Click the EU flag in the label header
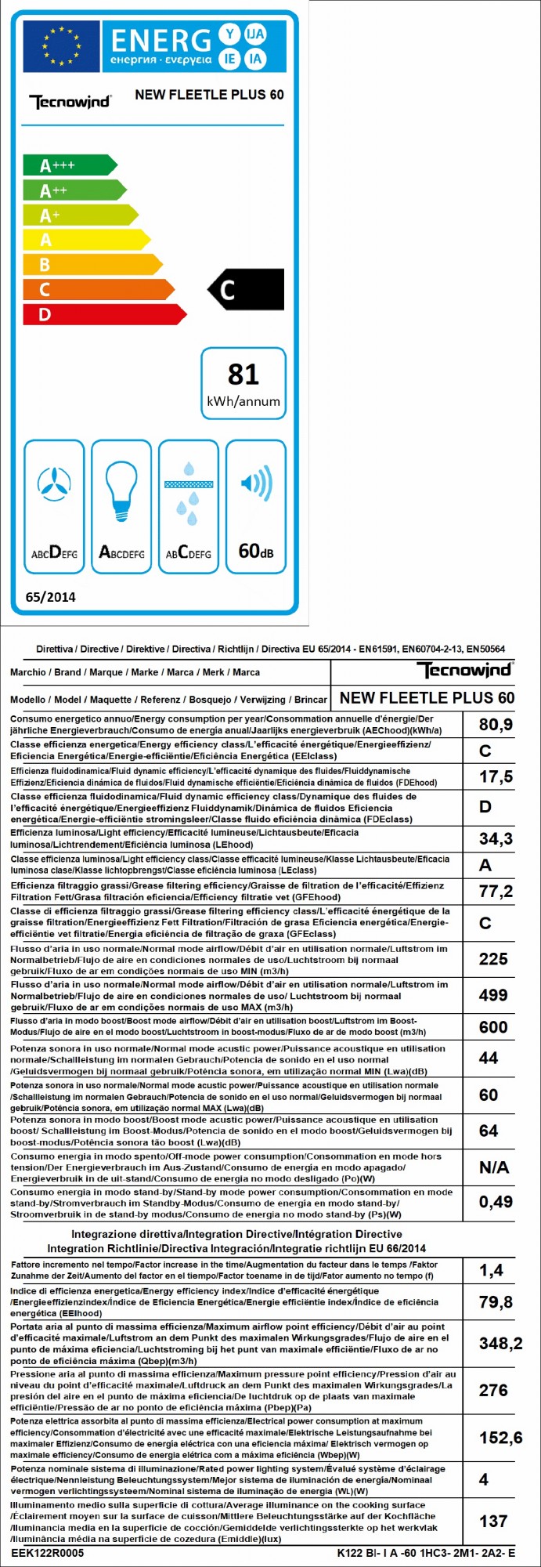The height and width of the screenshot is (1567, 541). point(61,46)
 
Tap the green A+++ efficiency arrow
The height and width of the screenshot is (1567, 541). point(69,165)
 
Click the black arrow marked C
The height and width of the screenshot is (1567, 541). point(246,290)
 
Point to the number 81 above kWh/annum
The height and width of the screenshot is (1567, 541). point(243,375)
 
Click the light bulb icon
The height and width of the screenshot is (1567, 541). point(121,488)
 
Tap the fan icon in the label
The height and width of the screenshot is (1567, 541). point(54,485)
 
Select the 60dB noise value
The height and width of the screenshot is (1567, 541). point(256,551)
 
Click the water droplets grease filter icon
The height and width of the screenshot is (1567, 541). point(189,494)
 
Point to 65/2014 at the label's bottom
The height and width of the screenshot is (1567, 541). point(51,597)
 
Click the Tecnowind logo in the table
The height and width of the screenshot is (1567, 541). point(464,671)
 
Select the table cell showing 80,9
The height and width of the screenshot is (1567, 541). point(496,725)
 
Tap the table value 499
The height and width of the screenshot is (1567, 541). point(493,995)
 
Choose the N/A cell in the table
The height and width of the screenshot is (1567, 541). point(494,1167)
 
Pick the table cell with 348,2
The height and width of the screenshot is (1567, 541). point(500,1344)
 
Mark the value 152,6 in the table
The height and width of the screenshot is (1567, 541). point(500,1438)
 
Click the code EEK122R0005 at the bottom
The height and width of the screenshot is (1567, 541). point(48,1553)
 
